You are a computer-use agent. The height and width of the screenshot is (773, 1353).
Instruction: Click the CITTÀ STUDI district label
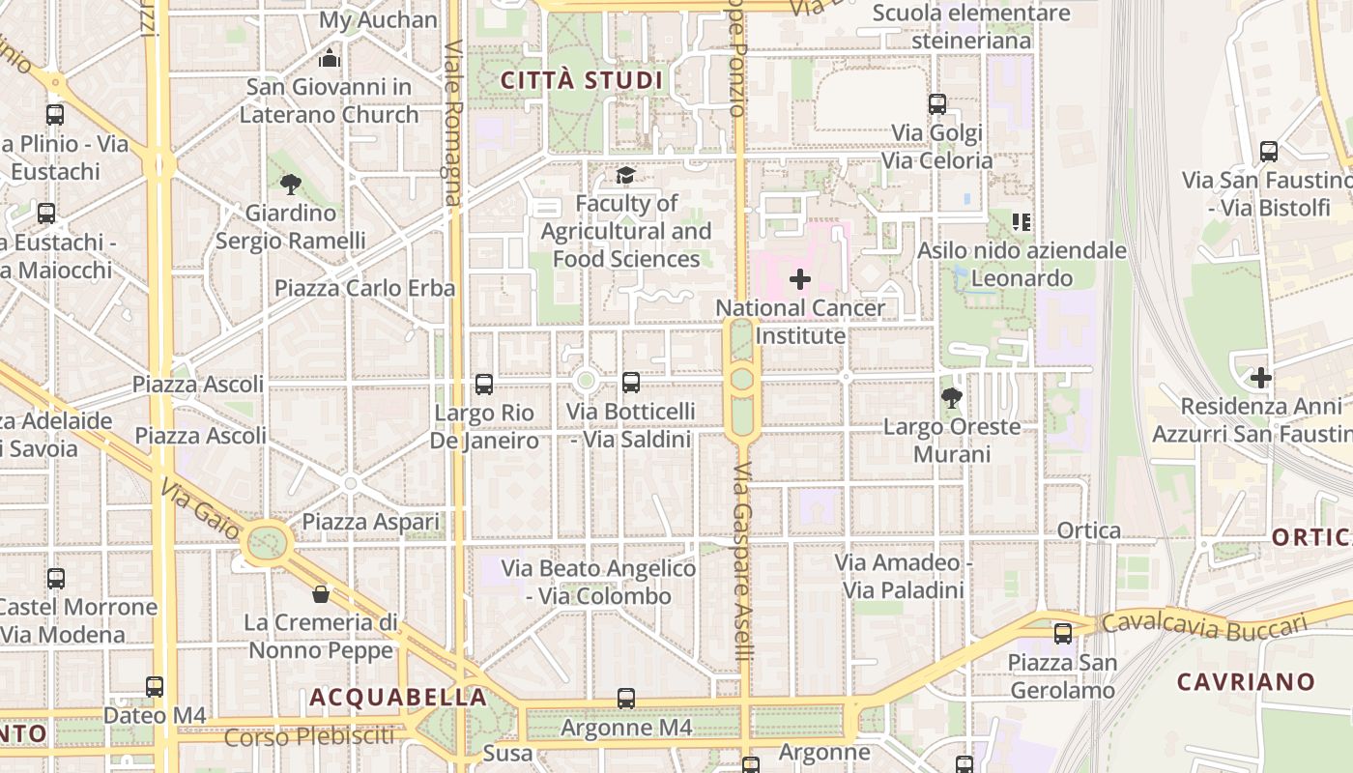point(582,80)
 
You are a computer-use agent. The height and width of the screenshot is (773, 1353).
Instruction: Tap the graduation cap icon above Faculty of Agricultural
point(626,175)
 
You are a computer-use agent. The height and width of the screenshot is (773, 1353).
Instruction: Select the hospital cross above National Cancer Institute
point(800,280)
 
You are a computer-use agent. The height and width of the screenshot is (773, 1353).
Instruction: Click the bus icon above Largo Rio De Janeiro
point(484,385)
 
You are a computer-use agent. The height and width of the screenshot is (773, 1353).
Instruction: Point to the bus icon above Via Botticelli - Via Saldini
point(631,383)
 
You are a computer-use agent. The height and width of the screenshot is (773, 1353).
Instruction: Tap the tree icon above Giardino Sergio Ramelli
point(290,184)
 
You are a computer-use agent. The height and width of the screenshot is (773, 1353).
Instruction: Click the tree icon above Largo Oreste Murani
point(952,397)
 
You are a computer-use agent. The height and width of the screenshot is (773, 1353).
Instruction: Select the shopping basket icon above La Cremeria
point(321,593)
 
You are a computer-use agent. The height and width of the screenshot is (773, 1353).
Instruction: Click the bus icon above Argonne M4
point(626,698)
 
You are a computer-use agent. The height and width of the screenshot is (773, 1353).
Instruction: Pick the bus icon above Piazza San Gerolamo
point(1063,634)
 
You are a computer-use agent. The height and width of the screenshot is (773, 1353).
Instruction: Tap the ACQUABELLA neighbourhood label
point(398,697)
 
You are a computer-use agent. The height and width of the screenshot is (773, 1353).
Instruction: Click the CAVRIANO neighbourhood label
point(1246,681)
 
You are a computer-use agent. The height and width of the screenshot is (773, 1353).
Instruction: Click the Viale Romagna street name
point(453,124)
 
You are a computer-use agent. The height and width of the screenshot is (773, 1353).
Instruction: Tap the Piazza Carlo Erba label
point(364,288)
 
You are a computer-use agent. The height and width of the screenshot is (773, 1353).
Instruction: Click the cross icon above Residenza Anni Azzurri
point(1260,378)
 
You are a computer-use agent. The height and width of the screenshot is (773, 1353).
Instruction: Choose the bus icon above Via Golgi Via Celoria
point(936,104)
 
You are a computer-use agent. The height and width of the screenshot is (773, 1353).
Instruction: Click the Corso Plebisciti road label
point(309,737)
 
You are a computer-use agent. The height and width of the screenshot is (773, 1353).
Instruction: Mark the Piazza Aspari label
point(371,522)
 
